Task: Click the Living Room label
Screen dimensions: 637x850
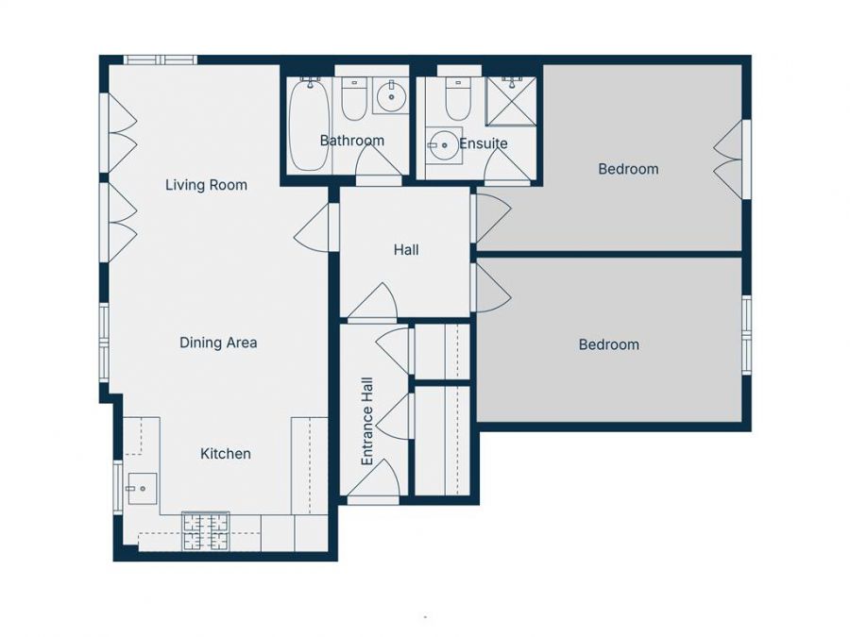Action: [206, 185]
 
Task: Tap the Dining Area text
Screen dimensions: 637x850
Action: [218, 343]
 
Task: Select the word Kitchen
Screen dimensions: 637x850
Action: [226, 454]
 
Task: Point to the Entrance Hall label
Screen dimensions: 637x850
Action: [367, 421]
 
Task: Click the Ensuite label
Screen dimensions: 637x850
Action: [483, 143]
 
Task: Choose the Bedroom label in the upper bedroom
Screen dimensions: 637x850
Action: [628, 169]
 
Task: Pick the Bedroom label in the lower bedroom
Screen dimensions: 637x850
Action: [608, 344]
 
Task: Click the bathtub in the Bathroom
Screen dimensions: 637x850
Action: [309, 125]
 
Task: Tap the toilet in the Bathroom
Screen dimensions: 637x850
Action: [354, 99]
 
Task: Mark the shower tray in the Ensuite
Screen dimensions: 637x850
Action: [511, 101]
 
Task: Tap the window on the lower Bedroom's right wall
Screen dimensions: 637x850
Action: [746, 335]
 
